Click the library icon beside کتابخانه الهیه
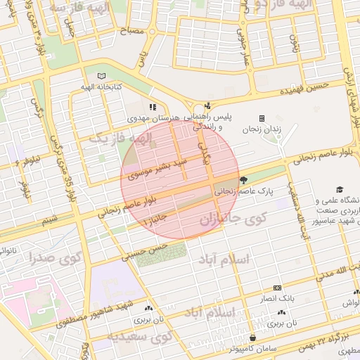(103, 76)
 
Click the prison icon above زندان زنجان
(262, 118)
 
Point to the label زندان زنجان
(262, 129)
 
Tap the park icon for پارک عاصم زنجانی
(243, 180)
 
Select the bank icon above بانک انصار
(277, 288)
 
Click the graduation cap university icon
(340, 190)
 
